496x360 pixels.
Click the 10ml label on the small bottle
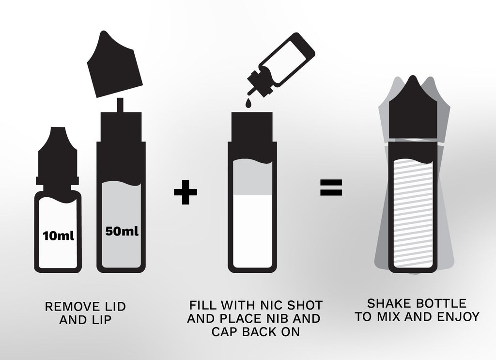[x=59, y=235]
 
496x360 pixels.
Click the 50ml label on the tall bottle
[x=122, y=231]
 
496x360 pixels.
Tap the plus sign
[x=186, y=192]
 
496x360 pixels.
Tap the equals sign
[x=331, y=188]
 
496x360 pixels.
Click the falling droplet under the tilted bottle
[x=249, y=103]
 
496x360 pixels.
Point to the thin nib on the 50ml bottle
[x=120, y=105]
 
